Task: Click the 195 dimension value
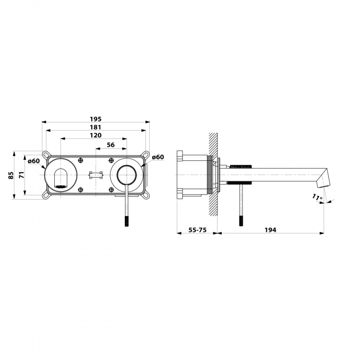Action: [x=96, y=119]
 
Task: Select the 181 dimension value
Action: [x=96, y=127]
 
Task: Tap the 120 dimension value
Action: [x=96, y=135]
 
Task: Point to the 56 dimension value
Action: [x=111, y=145]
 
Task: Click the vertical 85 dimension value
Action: [x=11, y=175]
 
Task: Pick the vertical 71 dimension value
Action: [x=22, y=175]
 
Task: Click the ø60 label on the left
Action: [x=34, y=161]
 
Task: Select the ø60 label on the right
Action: [x=158, y=157]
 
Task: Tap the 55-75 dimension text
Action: [x=197, y=230]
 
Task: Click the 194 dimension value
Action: [x=270, y=230]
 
